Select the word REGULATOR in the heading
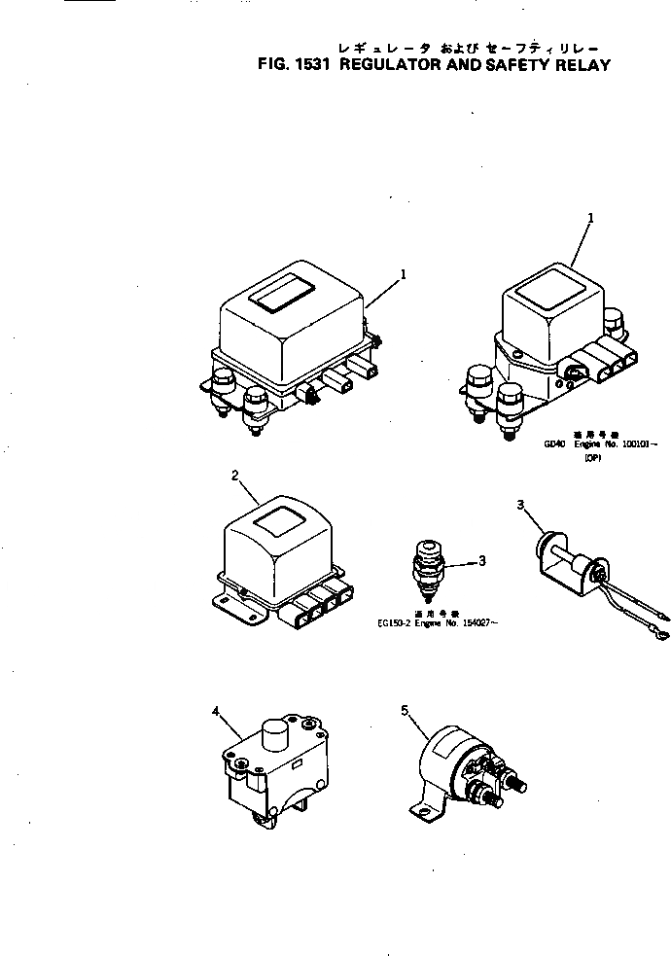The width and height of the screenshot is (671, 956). (389, 66)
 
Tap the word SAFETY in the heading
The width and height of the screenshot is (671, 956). (516, 66)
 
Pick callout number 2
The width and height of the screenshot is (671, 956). (235, 476)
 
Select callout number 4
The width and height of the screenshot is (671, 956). (215, 711)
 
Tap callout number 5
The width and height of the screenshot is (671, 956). (404, 711)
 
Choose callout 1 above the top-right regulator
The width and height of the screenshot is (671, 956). (590, 220)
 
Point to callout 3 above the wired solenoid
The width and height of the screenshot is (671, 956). (520, 505)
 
